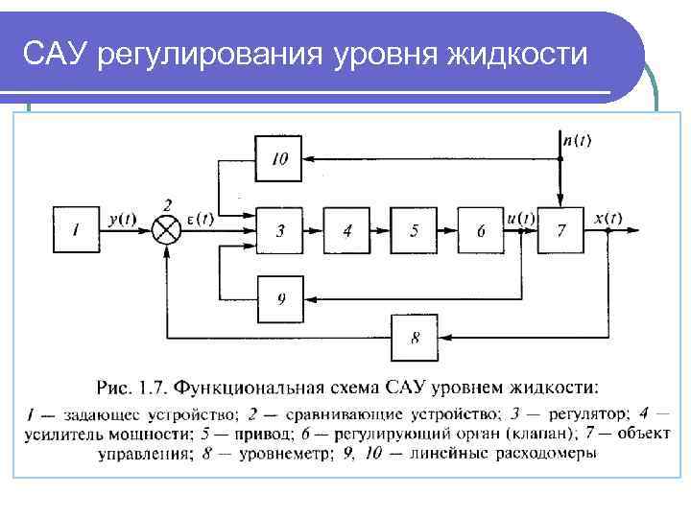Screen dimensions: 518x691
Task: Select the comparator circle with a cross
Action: pyautogui.click(x=169, y=230)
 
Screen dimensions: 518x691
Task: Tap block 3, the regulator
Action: pyautogui.click(x=280, y=230)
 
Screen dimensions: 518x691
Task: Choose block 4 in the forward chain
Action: pyautogui.click(x=347, y=230)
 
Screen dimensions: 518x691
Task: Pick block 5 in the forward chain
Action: pyautogui.click(x=414, y=230)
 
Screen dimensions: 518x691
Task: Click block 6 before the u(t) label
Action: pyautogui.click(x=481, y=230)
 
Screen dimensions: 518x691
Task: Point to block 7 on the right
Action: pyautogui.click(x=561, y=230)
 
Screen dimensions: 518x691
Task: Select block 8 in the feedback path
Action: pyautogui.click(x=414, y=337)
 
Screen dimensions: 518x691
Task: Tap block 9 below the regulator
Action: pyautogui.click(x=280, y=298)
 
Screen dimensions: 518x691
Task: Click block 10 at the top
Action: pyautogui.click(x=279, y=159)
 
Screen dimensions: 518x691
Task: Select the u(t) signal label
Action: pyautogui.click(x=521, y=219)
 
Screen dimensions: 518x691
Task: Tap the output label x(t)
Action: pyautogui.click(x=608, y=219)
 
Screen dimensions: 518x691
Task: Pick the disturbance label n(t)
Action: pyautogui.click(x=577, y=140)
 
